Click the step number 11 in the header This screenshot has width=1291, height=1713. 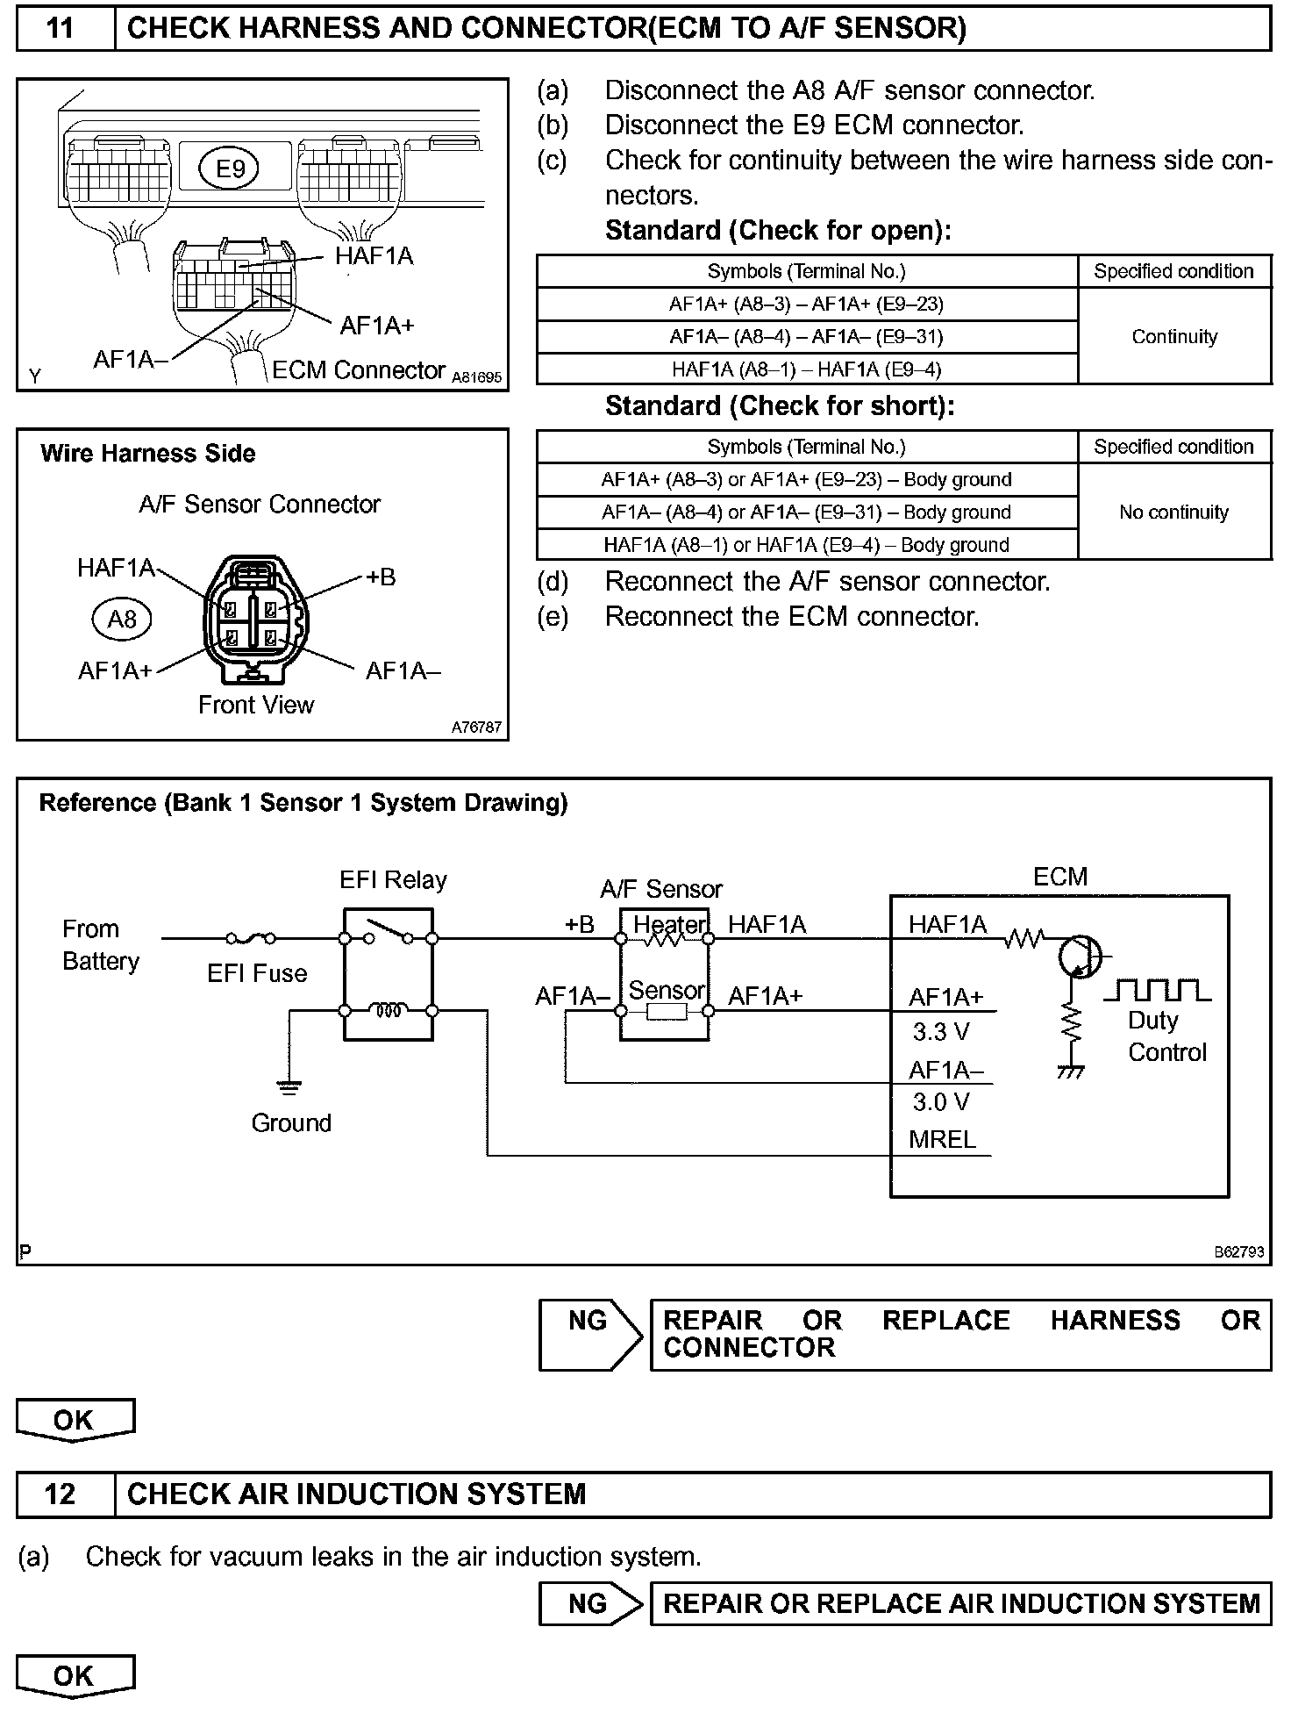pos(61,28)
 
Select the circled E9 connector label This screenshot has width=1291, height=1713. pos(231,168)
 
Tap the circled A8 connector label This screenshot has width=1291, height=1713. pos(122,620)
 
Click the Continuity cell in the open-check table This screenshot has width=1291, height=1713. pos(1173,337)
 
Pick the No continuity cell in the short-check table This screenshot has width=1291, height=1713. pos(1173,512)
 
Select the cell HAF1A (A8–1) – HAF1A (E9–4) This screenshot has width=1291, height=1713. pos(806,369)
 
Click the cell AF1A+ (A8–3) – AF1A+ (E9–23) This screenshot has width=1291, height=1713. pos(806,305)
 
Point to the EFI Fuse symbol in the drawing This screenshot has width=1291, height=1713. pos(251,938)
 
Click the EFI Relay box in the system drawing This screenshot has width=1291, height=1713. pos(388,974)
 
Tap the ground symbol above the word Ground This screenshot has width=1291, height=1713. pos(289,1088)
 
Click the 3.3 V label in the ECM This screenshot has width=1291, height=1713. pos(940,1032)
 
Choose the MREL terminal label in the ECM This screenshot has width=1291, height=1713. pos(942,1139)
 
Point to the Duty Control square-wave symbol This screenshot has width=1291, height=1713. pos(1157,991)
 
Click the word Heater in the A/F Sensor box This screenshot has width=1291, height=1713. pos(669,924)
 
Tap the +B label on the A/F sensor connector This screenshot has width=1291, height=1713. pos(381,577)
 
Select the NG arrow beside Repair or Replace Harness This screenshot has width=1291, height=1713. pos(589,1334)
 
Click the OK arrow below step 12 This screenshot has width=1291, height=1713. pos(75,1676)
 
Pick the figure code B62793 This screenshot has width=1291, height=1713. pos(1239,1252)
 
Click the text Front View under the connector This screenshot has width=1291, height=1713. pos(256,705)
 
